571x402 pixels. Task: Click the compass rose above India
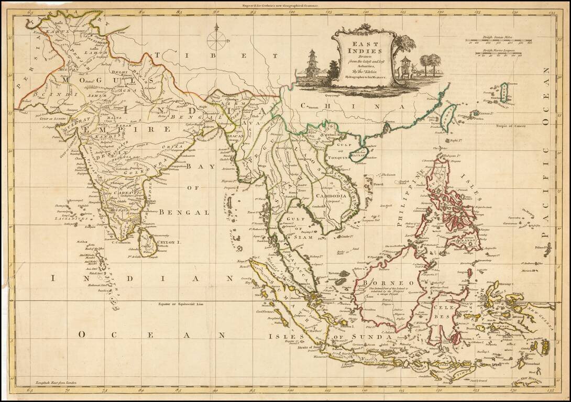[x=217, y=40]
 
